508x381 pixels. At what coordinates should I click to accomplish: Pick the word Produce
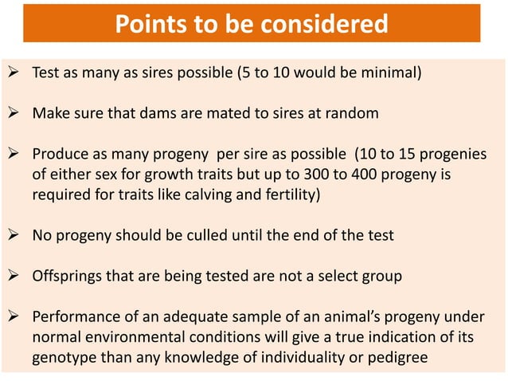[58, 152]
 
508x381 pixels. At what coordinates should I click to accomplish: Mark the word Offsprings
[68, 276]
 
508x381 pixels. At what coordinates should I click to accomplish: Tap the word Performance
[72, 318]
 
